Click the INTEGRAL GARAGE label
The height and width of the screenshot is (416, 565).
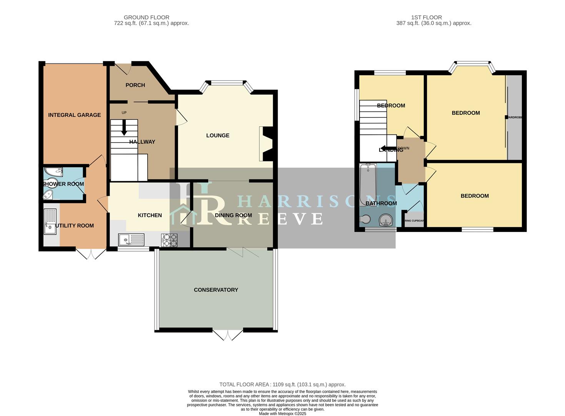(74, 115)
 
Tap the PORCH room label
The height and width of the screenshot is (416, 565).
(135, 85)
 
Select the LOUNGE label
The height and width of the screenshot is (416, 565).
(218, 135)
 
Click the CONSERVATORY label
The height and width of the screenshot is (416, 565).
(216, 290)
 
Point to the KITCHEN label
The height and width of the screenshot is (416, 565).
(150, 215)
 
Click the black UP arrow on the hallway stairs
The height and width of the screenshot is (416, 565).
(124, 128)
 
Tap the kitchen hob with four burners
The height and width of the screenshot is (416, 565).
(170, 240)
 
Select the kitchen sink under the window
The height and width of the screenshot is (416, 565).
(131, 240)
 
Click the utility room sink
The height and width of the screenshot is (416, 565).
(50, 221)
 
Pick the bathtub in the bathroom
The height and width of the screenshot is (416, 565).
(368, 185)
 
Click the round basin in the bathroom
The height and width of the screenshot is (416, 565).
(386, 221)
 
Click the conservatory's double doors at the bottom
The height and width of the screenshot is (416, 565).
(228, 335)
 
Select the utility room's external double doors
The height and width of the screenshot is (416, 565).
(91, 254)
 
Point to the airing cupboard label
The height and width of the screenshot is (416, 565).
(414, 221)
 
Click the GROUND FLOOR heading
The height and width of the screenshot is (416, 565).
(147, 17)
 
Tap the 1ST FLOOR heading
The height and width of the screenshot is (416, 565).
(426, 17)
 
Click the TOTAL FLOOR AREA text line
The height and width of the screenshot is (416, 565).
(282, 384)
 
